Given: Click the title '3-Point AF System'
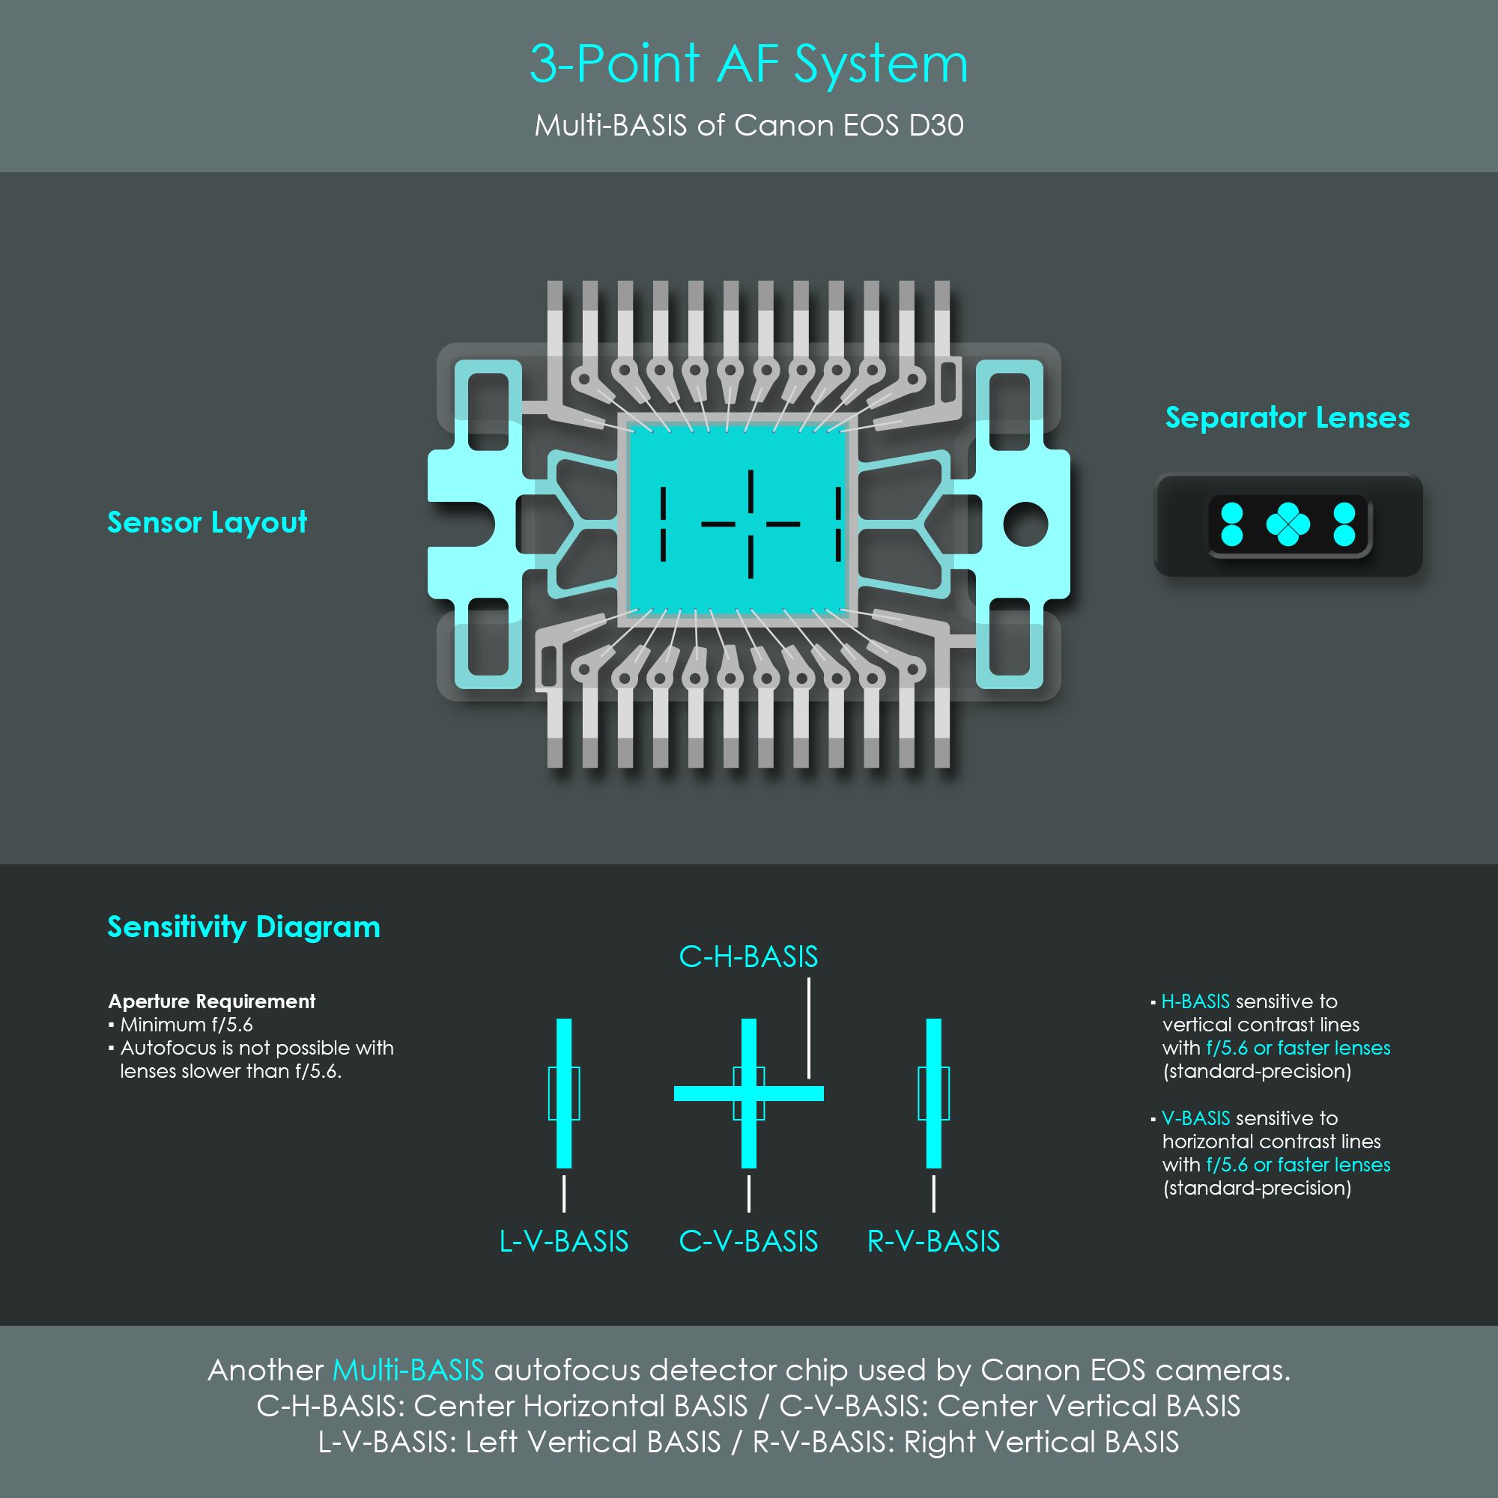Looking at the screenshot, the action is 749,64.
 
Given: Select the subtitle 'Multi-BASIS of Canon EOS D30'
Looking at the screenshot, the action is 749,125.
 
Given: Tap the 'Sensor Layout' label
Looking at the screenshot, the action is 207,523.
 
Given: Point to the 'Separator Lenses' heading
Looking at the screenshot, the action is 1288,417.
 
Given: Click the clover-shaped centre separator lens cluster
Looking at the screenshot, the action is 1288,524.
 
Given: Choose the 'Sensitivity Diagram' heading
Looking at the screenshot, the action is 243,927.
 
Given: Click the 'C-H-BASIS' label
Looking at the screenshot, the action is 748,956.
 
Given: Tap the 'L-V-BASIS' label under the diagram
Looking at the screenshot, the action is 564,1241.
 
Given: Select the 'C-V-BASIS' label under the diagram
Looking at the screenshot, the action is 748,1241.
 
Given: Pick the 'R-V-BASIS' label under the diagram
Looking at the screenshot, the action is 933,1241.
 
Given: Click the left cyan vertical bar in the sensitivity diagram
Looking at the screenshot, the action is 564,1094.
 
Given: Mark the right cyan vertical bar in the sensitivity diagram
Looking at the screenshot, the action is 933,1094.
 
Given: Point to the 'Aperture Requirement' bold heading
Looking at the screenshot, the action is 212,1001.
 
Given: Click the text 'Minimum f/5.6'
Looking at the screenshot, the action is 186,1024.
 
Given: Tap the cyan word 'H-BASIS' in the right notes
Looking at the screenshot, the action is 1195,1001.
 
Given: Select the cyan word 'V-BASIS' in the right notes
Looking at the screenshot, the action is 1195,1118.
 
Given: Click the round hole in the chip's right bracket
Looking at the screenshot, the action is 1026,524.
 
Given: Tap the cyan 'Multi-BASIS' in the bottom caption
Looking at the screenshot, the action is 408,1370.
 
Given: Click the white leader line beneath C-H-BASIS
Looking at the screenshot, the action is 809,1028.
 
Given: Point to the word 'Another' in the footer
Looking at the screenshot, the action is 265,1370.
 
